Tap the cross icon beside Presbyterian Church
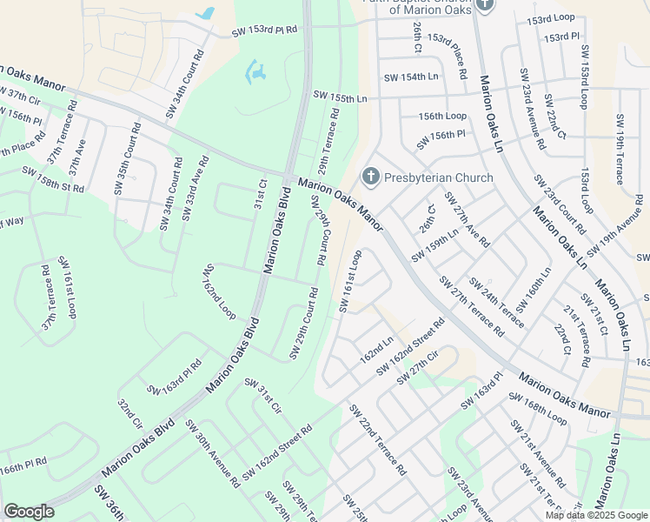(371, 177)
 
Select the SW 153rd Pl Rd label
(264, 31)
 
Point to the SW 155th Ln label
(340, 98)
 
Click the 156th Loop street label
(442, 116)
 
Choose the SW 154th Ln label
(408, 77)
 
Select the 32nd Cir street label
(129, 415)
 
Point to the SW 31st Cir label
(262, 396)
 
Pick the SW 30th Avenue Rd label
(212, 452)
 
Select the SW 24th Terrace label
(495, 301)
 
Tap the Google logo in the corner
(29, 511)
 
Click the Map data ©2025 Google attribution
(595, 515)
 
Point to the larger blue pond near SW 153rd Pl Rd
(255, 72)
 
